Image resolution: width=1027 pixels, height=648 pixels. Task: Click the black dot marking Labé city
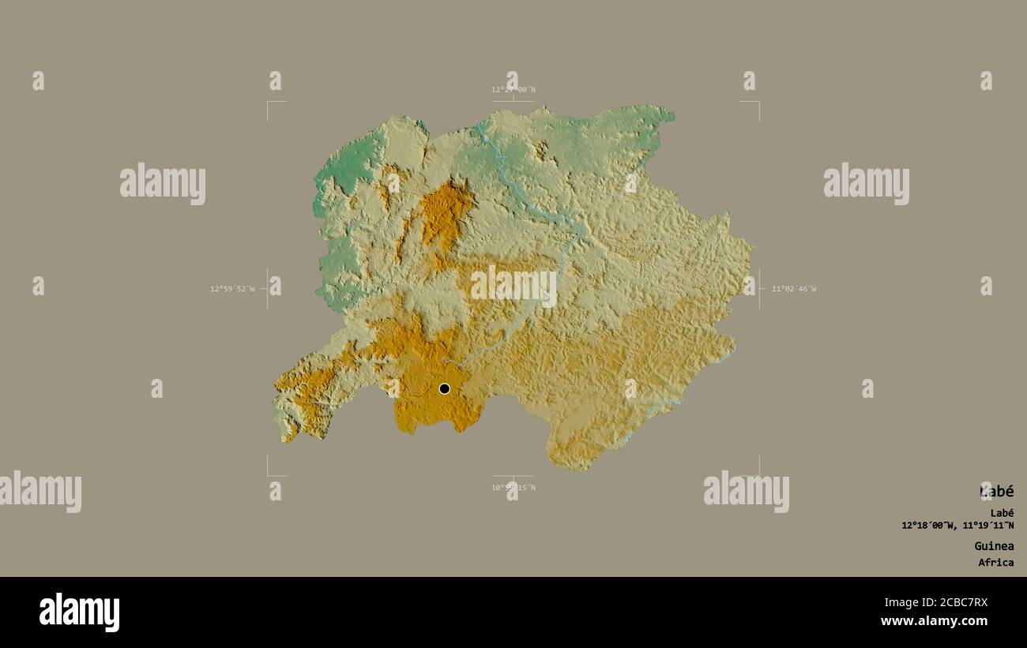pos(444,388)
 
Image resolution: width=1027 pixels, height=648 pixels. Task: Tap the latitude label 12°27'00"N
pos(513,90)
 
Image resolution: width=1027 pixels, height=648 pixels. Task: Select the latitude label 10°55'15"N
pos(513,488)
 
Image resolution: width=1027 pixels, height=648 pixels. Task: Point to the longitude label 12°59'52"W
pos(232,289)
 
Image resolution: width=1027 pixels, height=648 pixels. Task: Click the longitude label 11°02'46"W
pos(794,289)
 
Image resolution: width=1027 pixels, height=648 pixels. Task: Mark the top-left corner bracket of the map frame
pos(269,103)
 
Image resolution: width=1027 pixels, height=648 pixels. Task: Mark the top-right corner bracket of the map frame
pos(758,103)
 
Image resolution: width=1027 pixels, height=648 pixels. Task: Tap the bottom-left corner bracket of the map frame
pos(269,474)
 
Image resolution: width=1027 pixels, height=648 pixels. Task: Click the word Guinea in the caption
pos(994,546)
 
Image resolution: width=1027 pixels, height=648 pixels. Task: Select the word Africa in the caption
pos(995,563)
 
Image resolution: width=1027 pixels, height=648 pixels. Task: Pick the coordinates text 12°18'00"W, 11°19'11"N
pos(957,526)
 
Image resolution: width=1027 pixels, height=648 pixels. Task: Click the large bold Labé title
pos(996,492)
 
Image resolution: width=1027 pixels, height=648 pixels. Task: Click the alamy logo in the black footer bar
pos(80,612)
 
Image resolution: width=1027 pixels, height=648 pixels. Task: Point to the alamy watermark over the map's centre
pos(513,286)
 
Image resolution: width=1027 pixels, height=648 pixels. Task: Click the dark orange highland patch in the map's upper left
pos(443,213)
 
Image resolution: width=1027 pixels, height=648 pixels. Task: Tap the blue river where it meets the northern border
pos(480,126)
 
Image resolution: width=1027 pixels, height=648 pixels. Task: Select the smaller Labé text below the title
pos(1002,513)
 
